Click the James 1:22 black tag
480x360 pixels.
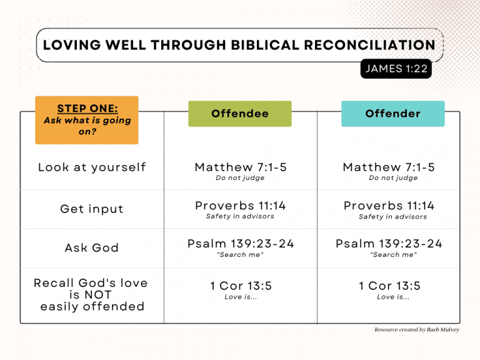click(396, 69)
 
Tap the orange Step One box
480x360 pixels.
click(87, 119)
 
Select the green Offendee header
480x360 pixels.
click(240, 114)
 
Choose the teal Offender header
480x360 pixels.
click(392, 114)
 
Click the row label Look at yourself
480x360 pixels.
click(92, 167)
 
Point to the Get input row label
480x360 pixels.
click(92, 209)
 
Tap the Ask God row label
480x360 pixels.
click(92, 247)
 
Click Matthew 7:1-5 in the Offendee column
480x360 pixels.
click(241, 167)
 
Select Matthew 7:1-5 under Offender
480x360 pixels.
click(389, 167)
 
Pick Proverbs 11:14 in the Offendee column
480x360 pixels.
click(241, 206)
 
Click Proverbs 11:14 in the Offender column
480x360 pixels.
click(389, 206)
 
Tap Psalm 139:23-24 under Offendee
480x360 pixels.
click(241, 244)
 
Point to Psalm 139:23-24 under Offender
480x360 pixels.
click(389, 244)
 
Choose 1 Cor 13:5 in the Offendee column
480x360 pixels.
click(241, 286)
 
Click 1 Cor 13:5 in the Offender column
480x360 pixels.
click(389, 286)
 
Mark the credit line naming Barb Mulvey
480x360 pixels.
click(416, 329)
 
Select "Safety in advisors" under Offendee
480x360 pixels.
click(241, 216)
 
